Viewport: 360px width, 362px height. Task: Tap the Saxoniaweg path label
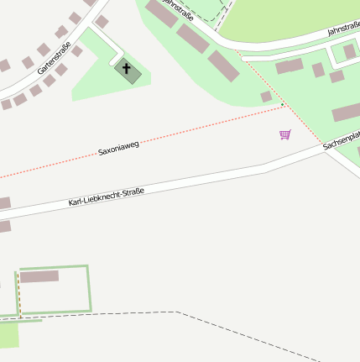click(x=118, y=149)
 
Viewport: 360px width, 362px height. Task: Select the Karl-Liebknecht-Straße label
click(x=107, y=197)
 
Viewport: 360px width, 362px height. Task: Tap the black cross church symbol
click(x=128, y=69)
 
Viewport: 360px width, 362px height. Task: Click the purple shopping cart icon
click(x=285, y=134)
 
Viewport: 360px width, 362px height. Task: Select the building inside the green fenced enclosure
click(x=39, y=276)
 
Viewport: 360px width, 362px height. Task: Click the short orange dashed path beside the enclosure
click(x=17, y=294)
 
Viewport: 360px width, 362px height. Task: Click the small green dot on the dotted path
click(x=283, y=105)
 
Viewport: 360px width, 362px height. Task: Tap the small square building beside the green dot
click(x=267, y=97)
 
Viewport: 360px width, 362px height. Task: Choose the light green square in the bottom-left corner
click(x=8, y=335)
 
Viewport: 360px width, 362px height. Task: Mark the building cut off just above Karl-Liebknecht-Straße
click(x=4, y=203)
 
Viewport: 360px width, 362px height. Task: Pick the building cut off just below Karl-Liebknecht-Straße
click(x=4, y=226)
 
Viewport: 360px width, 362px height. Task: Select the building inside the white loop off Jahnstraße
click(x=349, y=52)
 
